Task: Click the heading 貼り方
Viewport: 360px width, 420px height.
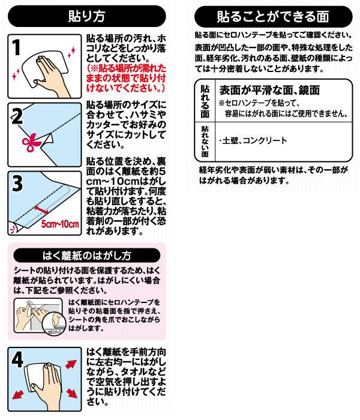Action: coord(86,16)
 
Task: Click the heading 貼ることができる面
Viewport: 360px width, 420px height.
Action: coord(273,17)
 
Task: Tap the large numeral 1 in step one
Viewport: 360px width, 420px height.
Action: coord(17,47)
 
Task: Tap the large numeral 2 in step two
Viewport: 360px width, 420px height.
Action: coord(17,116)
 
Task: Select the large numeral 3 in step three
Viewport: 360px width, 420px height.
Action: coord(17,184)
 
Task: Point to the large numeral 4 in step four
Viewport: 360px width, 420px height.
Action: coord(17,359)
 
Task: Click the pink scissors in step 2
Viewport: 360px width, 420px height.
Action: coord(31,142)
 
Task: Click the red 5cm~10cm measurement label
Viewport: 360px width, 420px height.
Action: coord(60,224)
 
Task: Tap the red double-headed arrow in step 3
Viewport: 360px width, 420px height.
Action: coord(41,210)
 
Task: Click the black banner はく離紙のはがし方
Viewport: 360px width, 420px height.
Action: coord(87,256)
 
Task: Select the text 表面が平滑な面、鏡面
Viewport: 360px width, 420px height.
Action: coord(269,90)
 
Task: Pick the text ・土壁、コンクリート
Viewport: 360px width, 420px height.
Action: coord(253,140)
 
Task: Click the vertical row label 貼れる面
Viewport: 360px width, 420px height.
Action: coord(205,101)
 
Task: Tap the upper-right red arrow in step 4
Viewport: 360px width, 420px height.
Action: coord(71,365)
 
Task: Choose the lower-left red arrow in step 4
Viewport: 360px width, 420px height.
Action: coord(18,394)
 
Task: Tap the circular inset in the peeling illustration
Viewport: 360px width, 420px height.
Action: coord(55,323)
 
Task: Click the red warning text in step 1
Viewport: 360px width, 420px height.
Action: coord(126,78)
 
